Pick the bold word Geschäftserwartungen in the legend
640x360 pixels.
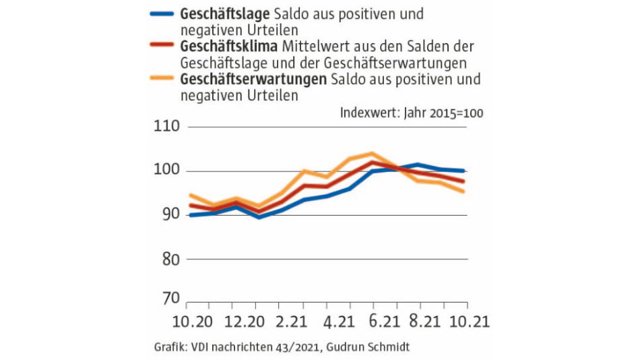point(253,80)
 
